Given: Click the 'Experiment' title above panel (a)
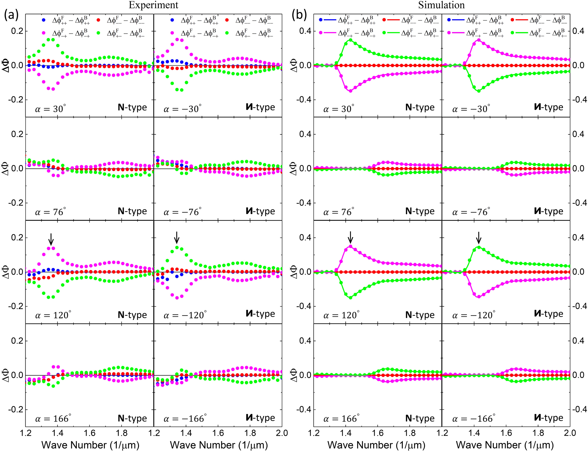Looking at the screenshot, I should tap(153, 5).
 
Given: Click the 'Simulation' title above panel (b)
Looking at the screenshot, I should tap(441, 5).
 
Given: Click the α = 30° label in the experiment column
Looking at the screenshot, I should tap(50, 109).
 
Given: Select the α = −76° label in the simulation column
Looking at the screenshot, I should tap(471, 212).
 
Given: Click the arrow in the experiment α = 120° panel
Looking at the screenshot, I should tap(51, 239).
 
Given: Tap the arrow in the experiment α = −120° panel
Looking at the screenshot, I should tap(177, 237).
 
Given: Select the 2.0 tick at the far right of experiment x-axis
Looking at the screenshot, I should tap(282, 433).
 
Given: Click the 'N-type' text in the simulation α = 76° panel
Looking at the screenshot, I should tap(420, 211).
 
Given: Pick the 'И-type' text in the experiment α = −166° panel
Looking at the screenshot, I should tap(260, 418).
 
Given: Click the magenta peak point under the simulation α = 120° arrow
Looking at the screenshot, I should tap(350, 246).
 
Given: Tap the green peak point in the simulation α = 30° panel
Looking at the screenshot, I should tap(350, 40).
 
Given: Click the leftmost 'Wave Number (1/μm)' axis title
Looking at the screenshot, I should tap(90, 445).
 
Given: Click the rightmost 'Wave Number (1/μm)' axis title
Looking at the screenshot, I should tap(505, 445).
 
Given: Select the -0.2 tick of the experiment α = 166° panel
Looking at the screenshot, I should tap(15, 409).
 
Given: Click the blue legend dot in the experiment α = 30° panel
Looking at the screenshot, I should tap(44, 20).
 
